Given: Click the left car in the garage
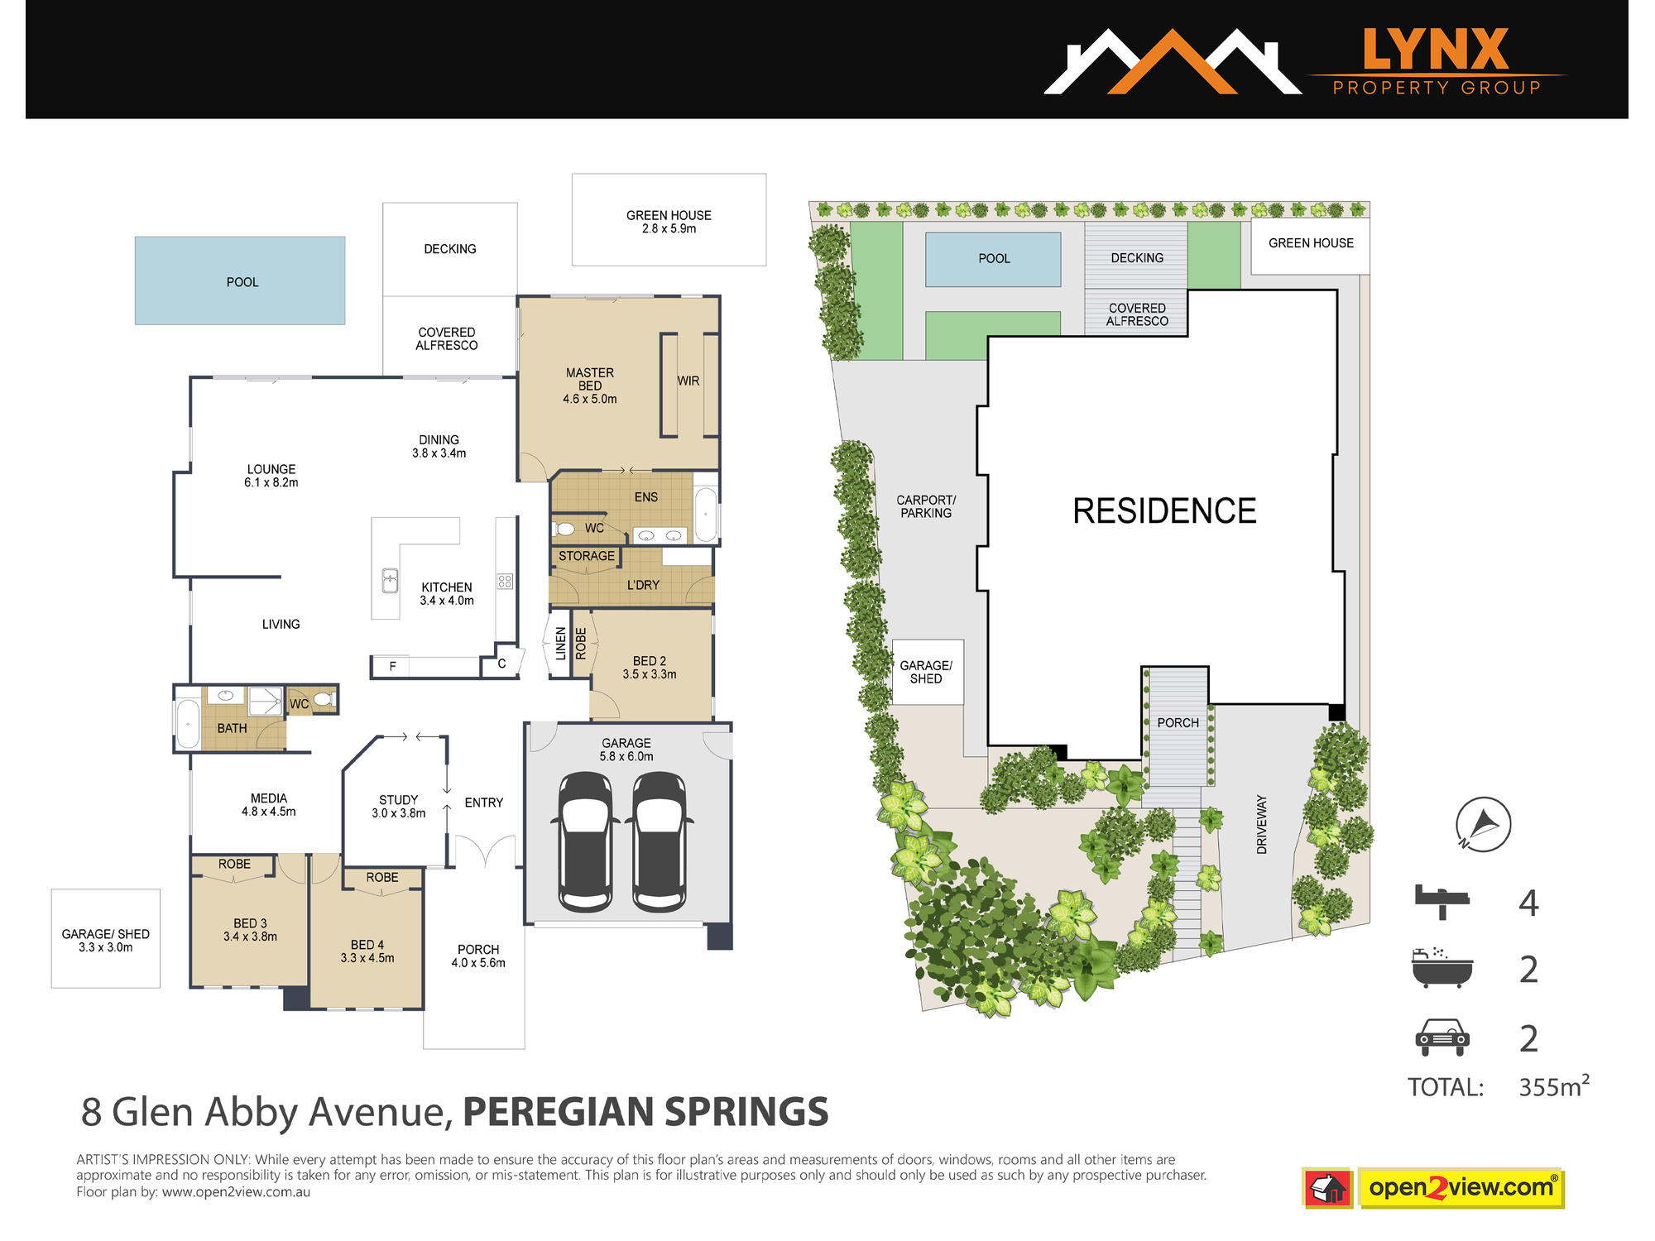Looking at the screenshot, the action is pos(586,841).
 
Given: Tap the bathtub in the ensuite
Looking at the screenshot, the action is pos(705,515).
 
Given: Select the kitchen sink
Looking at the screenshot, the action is pos(390,580).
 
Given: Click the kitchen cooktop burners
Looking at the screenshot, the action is pos(505,581).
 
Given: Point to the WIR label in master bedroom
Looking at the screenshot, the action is pos(688,381).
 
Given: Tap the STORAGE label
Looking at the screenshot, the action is pos(587,556).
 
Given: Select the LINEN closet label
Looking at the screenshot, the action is pos(561,644).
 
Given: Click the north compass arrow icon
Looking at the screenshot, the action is pos(1483,824).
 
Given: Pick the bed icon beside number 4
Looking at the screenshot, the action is pos(1442,902).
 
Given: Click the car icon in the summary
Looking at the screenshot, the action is pos(1442,1037).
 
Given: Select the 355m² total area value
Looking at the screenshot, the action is pos(1554,1085).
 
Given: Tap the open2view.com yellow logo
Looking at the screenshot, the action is pos(1461,1188).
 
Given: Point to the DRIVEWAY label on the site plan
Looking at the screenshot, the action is pos(1262,824).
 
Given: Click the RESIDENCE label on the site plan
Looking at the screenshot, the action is pos(1164,511).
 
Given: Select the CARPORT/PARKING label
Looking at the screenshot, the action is pos(926,506).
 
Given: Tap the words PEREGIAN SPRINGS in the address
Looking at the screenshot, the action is pos(645,1112).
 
